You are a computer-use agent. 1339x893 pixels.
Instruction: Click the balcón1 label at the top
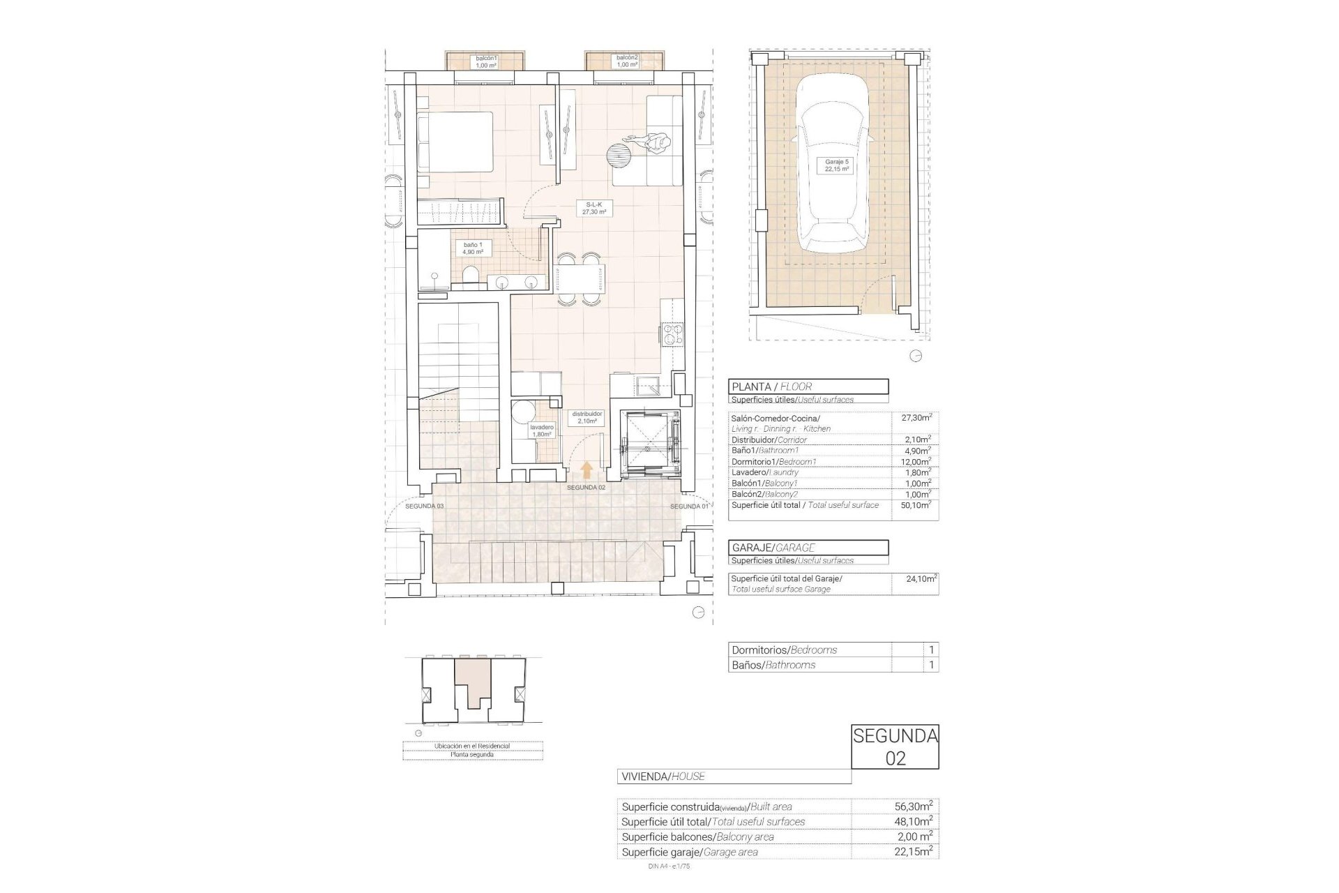[486, 61]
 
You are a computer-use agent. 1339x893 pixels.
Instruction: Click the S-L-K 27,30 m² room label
[593, 207]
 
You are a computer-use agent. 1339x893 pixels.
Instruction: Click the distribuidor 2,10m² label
[587, 417]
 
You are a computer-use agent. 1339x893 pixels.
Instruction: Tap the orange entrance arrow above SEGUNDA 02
[587, 470]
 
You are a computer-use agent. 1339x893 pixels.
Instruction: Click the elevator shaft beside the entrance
[648, 443]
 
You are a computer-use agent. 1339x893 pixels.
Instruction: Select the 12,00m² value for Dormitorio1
[915, 461]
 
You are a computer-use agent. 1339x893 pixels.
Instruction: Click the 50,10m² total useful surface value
[915, 504]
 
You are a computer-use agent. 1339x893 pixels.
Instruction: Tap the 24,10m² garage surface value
[915, 578]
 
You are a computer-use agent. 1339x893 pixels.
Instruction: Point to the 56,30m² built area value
[915, 806]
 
